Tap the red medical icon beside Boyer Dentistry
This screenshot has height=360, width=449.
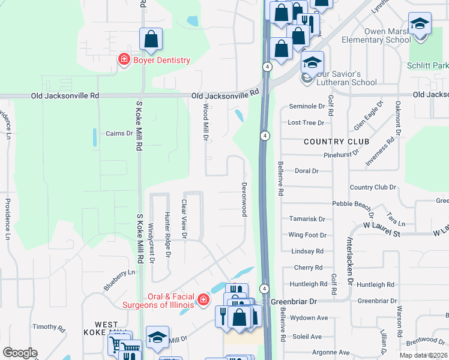click(x=124, y=59)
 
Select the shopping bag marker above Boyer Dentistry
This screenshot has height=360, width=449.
click(x=152, y=40)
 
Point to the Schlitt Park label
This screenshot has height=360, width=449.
click(x=427, y=65)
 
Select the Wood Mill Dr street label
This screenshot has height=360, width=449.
click(x=206, y=122)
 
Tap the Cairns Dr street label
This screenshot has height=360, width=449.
click(x=119, y=133)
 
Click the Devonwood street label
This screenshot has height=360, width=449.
click(x=244, y=199)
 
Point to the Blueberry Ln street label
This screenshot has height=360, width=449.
click(x=119, y=280)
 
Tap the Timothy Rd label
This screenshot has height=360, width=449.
click(x=49, y=327)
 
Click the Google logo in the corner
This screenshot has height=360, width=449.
click(x=20, y=353)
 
